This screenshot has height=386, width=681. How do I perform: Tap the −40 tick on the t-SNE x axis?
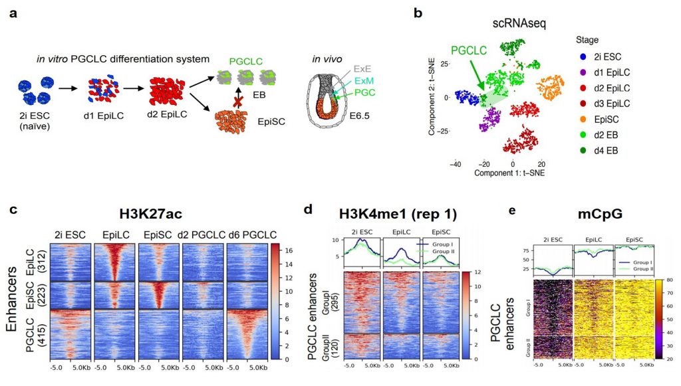click(x=456, y=162)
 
